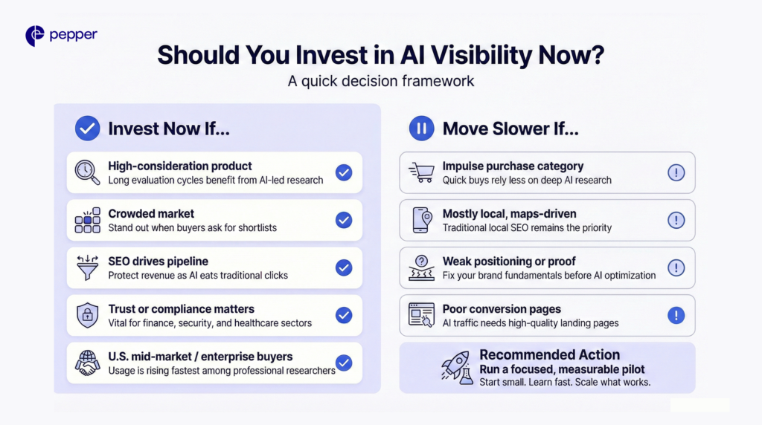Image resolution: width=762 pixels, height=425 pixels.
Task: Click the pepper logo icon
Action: click(x=34, y=36)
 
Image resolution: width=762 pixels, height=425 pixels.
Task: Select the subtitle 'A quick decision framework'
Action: click(x=381, y=81)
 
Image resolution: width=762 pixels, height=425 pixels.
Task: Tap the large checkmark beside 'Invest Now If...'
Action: click(x=87, y=129)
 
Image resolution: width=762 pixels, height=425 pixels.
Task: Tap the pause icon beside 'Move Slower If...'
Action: click(x=421, y=129)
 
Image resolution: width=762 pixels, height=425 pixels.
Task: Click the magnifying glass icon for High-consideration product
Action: click(x=87, y=172)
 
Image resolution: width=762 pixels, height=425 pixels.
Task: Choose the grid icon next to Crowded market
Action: click(x=87, y=220)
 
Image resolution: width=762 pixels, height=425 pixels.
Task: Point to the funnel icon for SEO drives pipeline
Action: click(x=87, y=267)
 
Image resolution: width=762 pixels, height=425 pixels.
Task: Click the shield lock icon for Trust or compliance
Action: click(x=87, y=315)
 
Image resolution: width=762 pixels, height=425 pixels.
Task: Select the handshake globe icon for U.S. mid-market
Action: click(x=87, y=363)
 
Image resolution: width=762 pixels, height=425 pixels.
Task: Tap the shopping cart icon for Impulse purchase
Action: click(x=421, y=172)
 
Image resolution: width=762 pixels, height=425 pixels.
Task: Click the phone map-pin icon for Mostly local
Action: click(x=421, y=220)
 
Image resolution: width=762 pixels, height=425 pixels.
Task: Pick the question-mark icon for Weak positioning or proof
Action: click(x=421, y=267)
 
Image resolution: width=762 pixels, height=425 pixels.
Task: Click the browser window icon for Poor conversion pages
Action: click(x=421, y=315)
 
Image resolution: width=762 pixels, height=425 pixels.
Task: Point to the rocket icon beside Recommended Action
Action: click(x=453, y=367)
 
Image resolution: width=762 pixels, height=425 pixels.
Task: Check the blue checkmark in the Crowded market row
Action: click(x=343, y=220)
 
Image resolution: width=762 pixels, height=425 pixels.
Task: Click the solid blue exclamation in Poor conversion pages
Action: click(x=676, y=315)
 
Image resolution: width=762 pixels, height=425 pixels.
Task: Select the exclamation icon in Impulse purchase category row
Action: click(x=676, y=172)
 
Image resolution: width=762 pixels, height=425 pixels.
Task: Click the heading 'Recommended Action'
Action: click(x=549, y=354)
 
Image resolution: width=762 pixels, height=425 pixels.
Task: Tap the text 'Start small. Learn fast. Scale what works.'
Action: click(x=565, y=382)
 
